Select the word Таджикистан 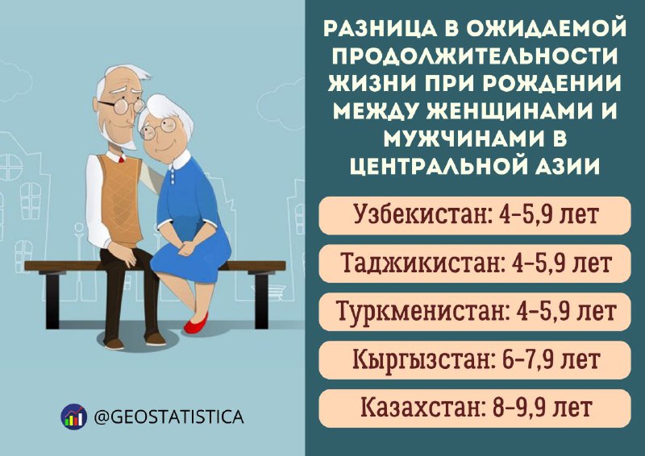click(x=422, y=263)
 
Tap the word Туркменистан click(x=421, y=311)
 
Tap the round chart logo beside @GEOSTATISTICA click(x=73, y=417)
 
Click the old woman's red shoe click(x=196, y=324)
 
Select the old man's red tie click(x=121, y=159)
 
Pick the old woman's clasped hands click(x=186, y=248)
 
